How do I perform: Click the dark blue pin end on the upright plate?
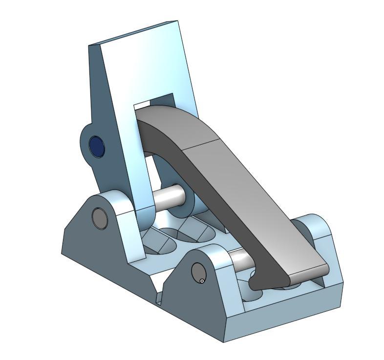click(96, 146)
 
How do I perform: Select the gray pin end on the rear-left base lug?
click(100, 218)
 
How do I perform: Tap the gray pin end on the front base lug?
click(198, 272)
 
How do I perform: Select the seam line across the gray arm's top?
click(200, 144)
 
